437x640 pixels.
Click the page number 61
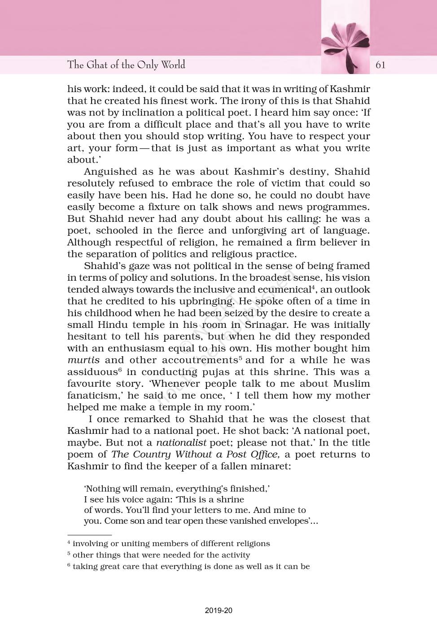tap(380, 65)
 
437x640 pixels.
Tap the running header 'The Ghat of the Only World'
tap(126, 65)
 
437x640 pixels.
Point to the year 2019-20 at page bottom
tap(218, 610)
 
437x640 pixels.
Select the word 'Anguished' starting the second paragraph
tap(110, 172)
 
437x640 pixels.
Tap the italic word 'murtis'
tap(83, 360)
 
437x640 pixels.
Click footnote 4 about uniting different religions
tap(169, 543)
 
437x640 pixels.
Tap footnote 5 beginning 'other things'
tap(159, 555)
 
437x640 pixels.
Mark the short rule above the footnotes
tap(89, 535)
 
